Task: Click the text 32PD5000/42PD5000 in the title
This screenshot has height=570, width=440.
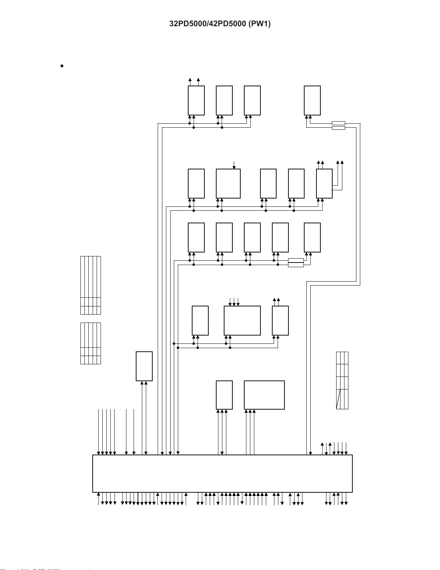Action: pyautogui.click(x=208, y=24)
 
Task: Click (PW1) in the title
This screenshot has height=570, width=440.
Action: pyautogui.click(x=260, y=24)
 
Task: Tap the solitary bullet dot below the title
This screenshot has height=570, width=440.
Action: pyautogui.click(x=62, y=66)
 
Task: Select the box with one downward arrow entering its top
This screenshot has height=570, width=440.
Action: pyautogui.click(x=228, y=184)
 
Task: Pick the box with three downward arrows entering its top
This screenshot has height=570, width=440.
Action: pyautogui.click(x=242, y=320)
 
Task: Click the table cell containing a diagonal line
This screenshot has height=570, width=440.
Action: pyautogui.click(x=338, y=399)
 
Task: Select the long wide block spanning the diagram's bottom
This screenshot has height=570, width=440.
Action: pyautogui.click(x=222, y=474)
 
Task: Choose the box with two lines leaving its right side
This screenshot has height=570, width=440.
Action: pyautogui.click(x=324, y=184)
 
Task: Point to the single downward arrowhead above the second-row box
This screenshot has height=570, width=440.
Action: pyautogui.click(x=234, y=167)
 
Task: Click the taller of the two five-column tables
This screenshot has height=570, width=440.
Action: pyautogui.click(x=91, y=285)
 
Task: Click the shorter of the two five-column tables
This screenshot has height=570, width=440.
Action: pyautogui.click(x=91, y=343)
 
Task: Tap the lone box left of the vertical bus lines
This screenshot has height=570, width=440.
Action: pyautogui.click(x=144, y=366)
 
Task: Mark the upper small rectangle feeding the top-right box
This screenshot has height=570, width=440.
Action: pyautogui.click(x=338, y=123)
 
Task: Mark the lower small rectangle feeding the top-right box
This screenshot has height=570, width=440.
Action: pyautogui.click(x=338, y=128)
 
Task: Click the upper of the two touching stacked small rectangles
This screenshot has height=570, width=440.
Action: pyautogui.click(x=296, y=260)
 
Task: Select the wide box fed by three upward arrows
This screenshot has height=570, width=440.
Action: pyautogui.click(x=264, y=395)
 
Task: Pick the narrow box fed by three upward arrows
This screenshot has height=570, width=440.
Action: pyautogui.click(x=224, y=395)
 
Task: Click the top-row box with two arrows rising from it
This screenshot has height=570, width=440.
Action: pyautogui.click(x=196, y=100)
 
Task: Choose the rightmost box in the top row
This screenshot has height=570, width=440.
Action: pyautogui.click(x=312, y=100)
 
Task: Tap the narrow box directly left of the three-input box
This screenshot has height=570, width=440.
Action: pyautogui.click(x=200, y=320)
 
